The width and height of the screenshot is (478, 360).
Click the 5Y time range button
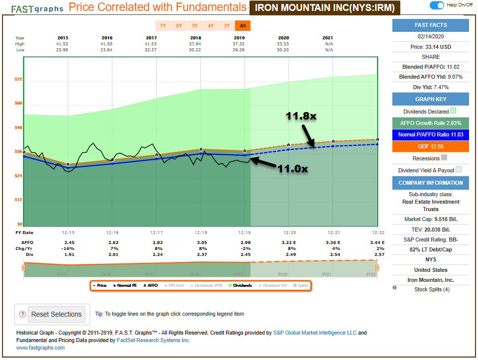(195, 26)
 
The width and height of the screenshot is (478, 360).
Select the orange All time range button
(242, 26)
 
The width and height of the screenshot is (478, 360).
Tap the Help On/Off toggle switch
(437, 5)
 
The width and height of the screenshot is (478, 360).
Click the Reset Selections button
(56, 314)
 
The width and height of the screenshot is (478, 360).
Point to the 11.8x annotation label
(301, 116)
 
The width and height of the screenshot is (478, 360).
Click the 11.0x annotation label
(293, 169)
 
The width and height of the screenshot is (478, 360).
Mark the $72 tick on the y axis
(19, 80)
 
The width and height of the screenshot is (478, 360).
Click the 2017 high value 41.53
(151, 44)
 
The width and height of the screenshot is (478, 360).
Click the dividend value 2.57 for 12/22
(379, 254)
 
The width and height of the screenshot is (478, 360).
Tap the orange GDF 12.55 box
(430, 146)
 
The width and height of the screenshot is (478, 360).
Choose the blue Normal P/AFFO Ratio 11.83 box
(430, 134)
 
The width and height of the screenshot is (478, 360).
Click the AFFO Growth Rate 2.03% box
(430, 123)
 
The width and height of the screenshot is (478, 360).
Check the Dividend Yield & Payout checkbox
(459, 170)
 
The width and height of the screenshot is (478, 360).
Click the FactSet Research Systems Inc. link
(153, 340)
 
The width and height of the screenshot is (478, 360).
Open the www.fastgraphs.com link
(40, 348)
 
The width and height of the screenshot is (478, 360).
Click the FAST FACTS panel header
(430, 25)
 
